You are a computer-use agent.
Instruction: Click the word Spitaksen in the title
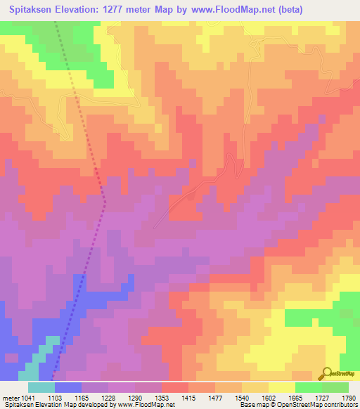(x=32, y=10)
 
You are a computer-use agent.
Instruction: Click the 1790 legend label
(x=348, y=397)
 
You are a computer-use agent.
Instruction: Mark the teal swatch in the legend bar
(x=41, y=387)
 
